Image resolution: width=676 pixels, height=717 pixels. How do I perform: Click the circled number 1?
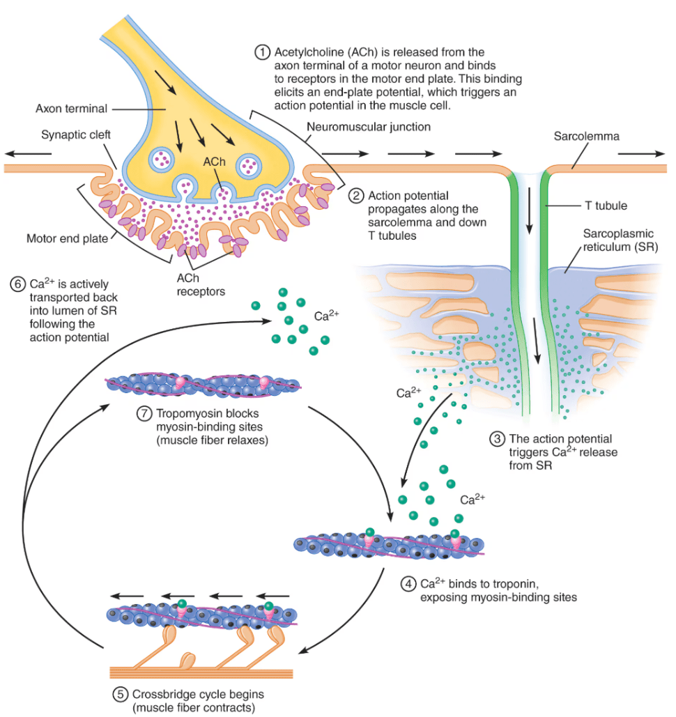(262, 52)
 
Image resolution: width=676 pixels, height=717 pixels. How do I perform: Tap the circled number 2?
(356, 196)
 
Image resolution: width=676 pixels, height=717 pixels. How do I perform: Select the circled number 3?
(497, 440)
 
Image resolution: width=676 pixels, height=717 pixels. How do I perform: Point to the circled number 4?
(408, 585)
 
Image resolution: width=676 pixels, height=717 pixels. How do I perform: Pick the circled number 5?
(120, 695)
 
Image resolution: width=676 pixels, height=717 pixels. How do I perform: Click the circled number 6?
(17, 284)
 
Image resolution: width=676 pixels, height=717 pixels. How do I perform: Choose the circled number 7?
(144, 414)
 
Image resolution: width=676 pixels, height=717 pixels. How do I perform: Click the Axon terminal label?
(71, 109)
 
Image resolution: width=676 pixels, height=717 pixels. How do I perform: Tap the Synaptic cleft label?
(76, 135)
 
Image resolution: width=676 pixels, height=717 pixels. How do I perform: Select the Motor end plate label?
(67, 239)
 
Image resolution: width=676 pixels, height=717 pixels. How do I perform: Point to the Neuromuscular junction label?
(369, 127)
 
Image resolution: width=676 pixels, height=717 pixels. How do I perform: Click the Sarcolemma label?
(586, 137)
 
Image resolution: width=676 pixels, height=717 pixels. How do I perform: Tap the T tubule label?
(606, 206)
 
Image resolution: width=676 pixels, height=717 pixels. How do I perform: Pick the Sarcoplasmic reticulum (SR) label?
(620, 240)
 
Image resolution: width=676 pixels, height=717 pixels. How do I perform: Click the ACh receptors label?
(201, 285)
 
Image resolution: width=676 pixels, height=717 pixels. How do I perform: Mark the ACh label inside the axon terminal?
(214, 162)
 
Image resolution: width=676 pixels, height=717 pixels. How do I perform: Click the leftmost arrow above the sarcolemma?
(29, 153)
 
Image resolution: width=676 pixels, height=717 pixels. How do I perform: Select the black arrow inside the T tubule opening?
(529, 210)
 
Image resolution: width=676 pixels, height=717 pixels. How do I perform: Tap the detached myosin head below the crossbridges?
(187, 661)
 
